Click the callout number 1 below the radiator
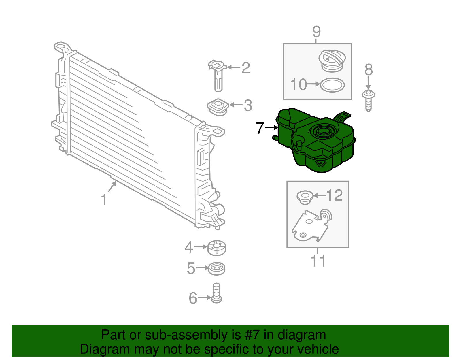coord(104,200)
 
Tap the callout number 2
coord(245,68)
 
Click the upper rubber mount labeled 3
coord(218,107)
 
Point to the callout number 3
coord(248,105)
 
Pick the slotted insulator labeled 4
coord(217,248)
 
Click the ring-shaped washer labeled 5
coord(217,269)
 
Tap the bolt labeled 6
coord(216,293)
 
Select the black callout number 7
coord(260,128)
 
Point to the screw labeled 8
coord(368,100)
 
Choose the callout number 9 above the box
coord(316,31)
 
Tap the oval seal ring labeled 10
coord(332,85)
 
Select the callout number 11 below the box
coord(318,261)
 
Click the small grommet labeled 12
coord(305,197)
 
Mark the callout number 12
coord(334,195)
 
